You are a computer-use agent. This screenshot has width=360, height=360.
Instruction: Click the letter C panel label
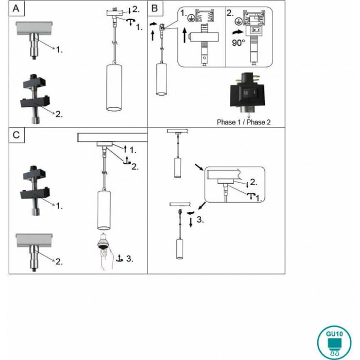[x=16, y=135]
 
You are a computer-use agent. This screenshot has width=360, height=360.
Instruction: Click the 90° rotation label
[x=238, y=43]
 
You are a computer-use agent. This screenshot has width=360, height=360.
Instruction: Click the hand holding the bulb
[x=107, y=260]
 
